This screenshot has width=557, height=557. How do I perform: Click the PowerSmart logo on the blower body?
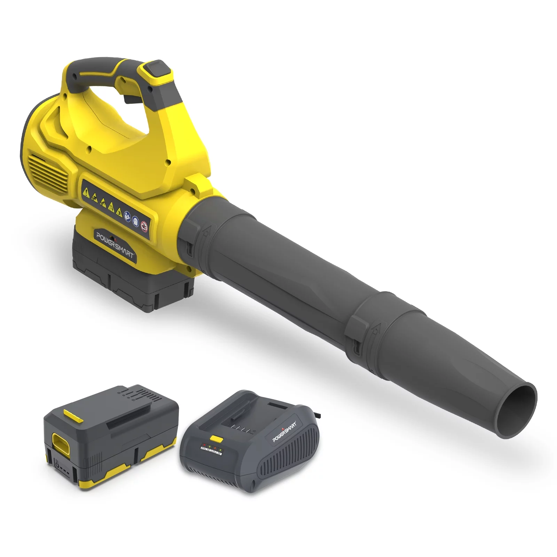(x=115, y=245)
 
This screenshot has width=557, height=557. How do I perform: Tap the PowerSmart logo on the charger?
(x=284, y=432)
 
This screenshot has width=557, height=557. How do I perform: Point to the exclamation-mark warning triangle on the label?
(x=85, y=190)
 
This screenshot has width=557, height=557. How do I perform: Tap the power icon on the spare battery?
(x=57, y=464)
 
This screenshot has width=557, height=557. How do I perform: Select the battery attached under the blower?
(x=132, y=275)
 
